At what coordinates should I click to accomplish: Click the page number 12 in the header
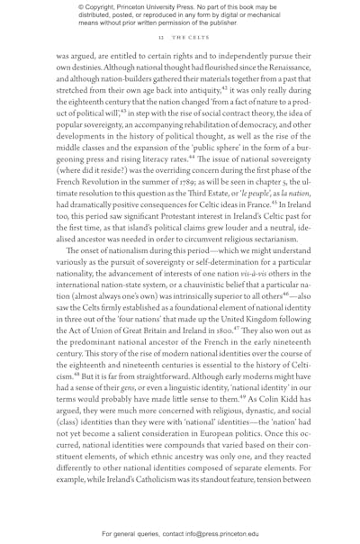click(160, 39)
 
